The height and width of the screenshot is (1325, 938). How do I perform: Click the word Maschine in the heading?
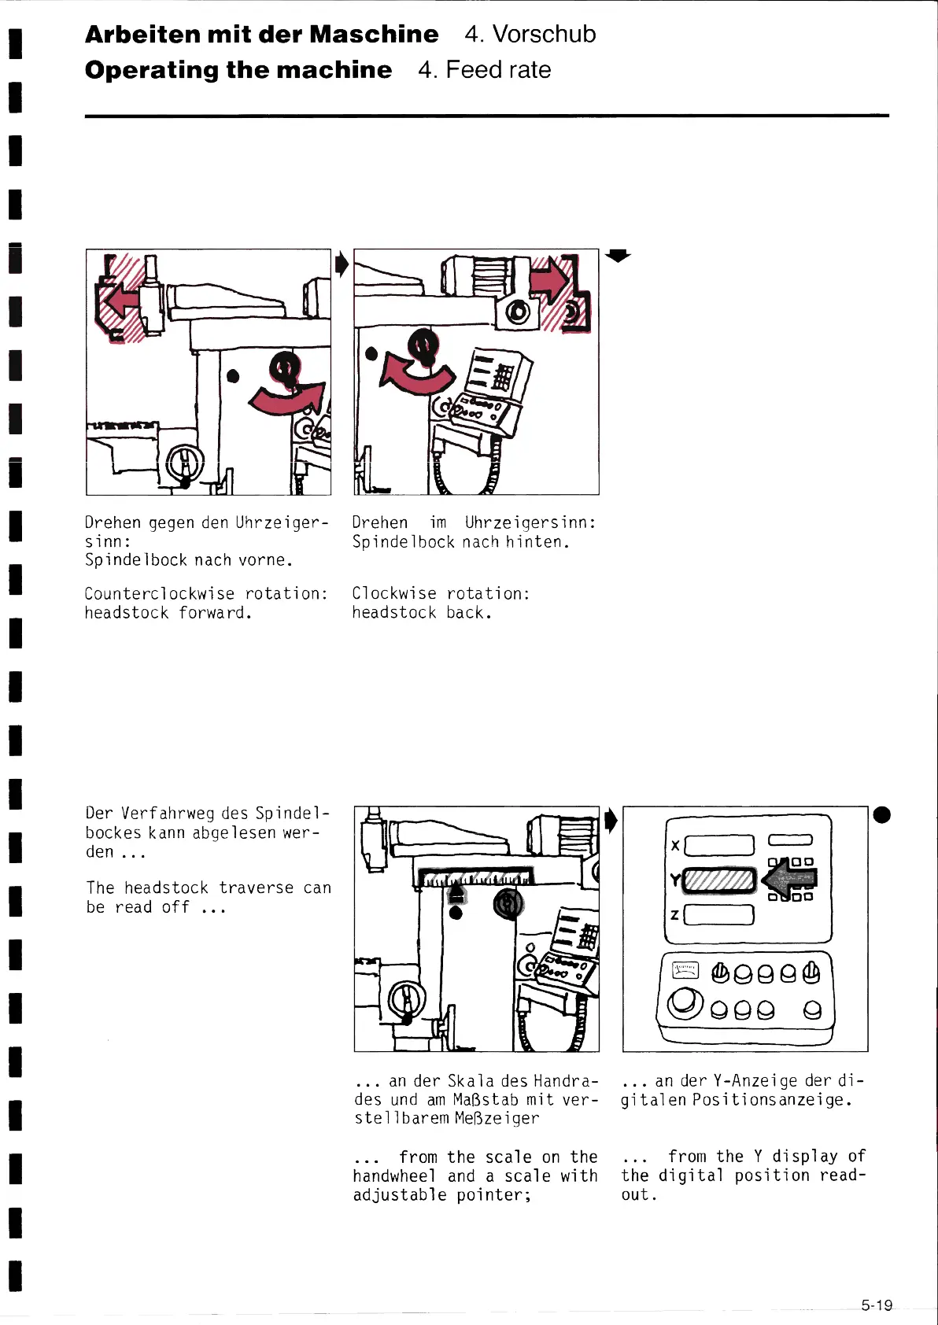click(x=374, y=35)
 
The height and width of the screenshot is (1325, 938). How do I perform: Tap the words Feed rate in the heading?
click(x=498, y=70)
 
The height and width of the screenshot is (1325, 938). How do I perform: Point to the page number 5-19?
click(x=877, y=1305)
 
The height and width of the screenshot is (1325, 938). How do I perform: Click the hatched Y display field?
click(x=719, y=880)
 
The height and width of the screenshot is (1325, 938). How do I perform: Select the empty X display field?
click(x=719, y=845)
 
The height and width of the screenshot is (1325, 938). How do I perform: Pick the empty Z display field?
click(x=719, y=915)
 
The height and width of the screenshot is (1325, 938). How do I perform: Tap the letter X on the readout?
click(x=675, y=846)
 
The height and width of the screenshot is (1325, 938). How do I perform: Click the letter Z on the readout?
click(x=674, y=915)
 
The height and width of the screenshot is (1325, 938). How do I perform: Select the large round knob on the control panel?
click(x=685, y=1003)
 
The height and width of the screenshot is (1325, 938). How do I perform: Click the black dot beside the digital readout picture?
click(x=882, y=814)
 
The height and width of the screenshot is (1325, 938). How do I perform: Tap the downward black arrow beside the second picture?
click(x=619, y=255)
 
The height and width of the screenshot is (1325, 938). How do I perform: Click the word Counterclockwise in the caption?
click(x=160, y=593)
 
